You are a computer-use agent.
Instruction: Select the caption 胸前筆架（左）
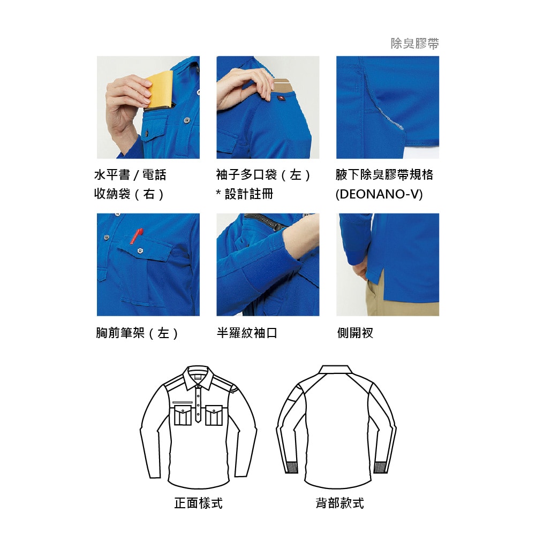point(137,333)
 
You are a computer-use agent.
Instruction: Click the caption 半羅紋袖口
point(247,333)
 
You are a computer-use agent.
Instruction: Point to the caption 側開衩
point(355,333)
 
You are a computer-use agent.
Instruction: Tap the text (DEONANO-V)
point(379,194)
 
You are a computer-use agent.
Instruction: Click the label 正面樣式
point(198,503)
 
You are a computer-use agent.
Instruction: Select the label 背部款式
point(339,503)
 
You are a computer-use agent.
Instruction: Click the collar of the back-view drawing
point(336,370)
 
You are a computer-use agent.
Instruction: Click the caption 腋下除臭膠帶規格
point(384,175)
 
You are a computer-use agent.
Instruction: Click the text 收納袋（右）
point(129,194)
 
